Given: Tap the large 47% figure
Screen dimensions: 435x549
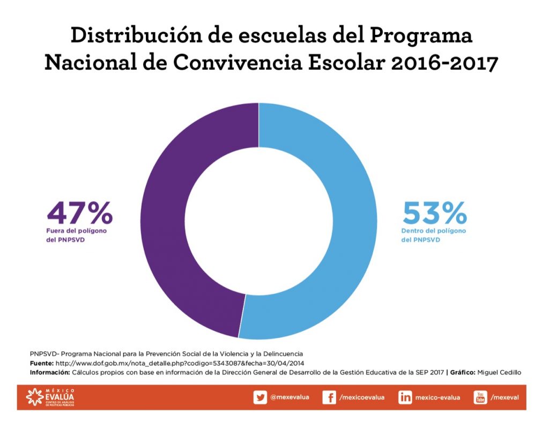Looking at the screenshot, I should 80,212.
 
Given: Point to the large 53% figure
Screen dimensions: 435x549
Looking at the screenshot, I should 434,212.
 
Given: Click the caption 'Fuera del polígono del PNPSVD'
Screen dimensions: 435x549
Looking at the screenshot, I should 76,235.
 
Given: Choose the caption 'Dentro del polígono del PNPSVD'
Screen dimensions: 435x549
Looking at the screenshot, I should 433,235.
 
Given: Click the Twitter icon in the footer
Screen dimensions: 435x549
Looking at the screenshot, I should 260,397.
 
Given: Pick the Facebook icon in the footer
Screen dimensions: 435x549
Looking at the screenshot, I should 329,397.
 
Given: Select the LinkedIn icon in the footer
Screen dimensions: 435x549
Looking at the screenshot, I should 405,397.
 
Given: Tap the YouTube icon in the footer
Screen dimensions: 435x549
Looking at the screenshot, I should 480,397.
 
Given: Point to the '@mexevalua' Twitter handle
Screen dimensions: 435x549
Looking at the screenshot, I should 290,397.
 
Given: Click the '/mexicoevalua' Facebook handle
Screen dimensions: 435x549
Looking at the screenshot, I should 362,397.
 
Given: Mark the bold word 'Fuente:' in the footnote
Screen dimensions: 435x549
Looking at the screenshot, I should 42,363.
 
